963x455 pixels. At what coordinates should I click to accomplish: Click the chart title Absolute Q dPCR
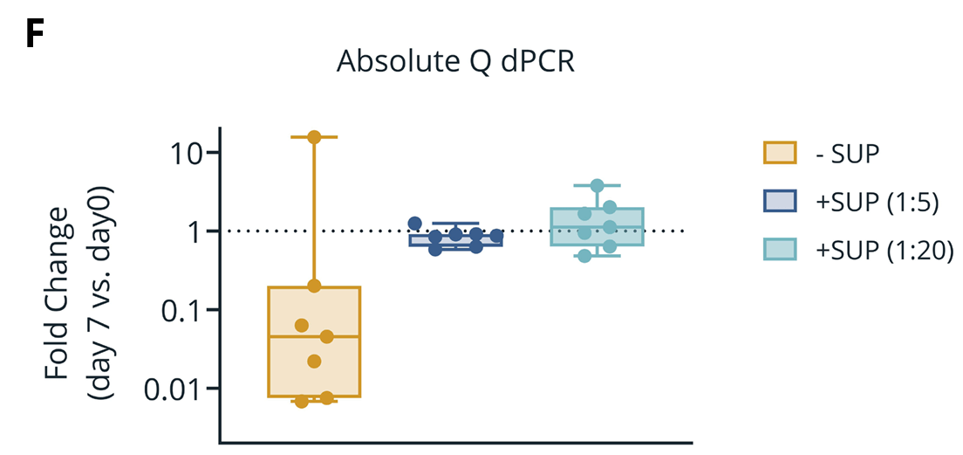[x=455, y=63]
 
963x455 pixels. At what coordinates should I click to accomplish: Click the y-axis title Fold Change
[x=58, y=293]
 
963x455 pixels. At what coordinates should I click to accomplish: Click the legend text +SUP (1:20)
[x=880, y=250]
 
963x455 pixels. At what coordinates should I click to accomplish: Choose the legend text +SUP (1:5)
[x=875, y=202]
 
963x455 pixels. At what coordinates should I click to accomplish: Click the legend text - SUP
[x=846, y=154]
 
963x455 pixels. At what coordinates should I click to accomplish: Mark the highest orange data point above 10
[x=314, y=137]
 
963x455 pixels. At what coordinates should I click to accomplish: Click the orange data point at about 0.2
[x=314, y=286]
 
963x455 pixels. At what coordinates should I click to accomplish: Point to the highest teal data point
[x=598, y=186]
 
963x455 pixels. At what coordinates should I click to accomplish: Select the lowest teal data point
[x=584, y=256]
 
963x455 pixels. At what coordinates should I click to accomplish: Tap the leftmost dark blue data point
[x=415, y=224]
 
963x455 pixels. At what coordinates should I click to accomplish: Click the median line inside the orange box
[x=314, y=336]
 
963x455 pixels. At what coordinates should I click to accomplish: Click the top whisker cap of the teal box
[x=598, y=185]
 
